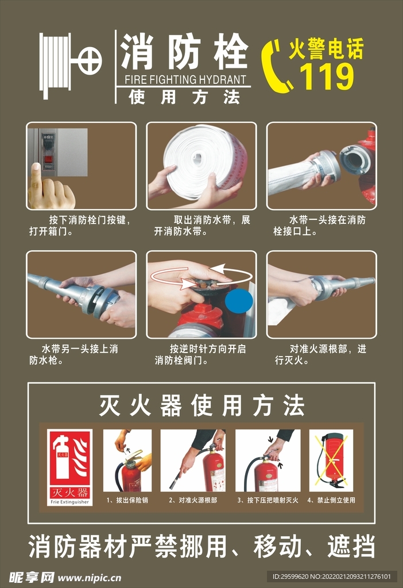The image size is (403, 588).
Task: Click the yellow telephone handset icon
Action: (276, 67)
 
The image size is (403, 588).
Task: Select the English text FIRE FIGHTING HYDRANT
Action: (184, 80)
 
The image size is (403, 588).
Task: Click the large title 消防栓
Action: (184, 52)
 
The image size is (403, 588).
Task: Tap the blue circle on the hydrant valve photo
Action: (238, 301)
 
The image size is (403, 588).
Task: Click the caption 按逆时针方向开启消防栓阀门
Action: (202, 354)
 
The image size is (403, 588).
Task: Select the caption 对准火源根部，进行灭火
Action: (321, 354)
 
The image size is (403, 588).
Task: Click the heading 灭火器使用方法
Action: (201, 406)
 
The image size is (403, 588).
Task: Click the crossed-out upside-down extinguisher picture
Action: (331, 460)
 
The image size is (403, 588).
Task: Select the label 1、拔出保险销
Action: (127, 500)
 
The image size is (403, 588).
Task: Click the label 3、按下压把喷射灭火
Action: (268, 500)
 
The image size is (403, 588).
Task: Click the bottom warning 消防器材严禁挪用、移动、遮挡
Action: (201, 546)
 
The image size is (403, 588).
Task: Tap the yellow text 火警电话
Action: (325, 49)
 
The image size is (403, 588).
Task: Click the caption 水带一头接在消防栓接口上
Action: (321, 226)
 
